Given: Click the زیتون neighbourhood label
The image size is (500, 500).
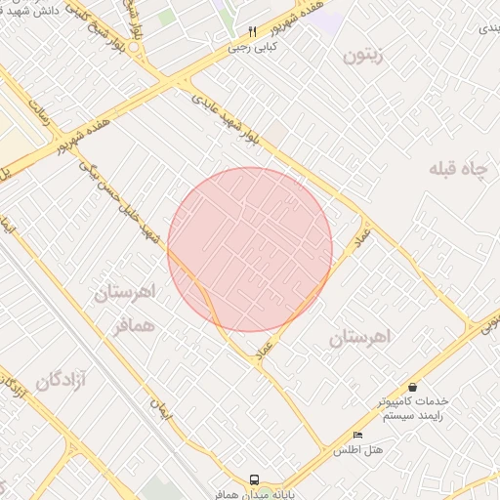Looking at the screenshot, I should [x=363, y=57].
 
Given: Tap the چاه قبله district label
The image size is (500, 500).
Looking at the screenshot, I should [x=456, y=168].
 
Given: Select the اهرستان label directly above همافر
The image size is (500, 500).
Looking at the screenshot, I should [x=127, y=291].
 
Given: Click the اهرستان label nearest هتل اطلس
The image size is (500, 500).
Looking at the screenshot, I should [x=359, y=337].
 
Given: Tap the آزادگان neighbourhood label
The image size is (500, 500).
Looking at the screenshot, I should [x=62, y=381].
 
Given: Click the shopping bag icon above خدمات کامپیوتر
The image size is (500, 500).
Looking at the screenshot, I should [x=413, y=388].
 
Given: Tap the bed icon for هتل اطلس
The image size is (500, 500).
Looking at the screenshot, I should [x=357, y=435].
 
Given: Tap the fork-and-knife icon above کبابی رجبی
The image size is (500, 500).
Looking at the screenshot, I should [x=252, y=30].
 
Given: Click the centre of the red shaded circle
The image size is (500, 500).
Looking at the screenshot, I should [x=250, y=249].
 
